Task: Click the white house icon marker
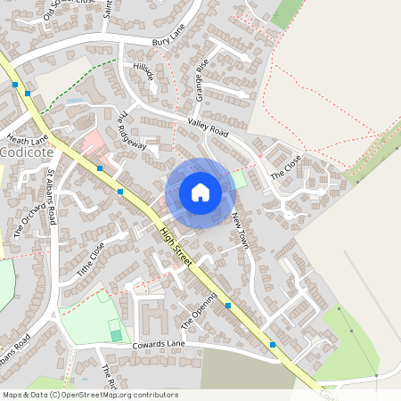[x=200, y=192]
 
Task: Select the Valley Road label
[x=208, y=127]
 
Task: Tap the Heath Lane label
[x=27, y=139]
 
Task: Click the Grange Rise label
[x=201, y=80]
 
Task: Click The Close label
[x=286, y=165]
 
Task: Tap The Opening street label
[x=199, y=309]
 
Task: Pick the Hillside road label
[x=143, y=72]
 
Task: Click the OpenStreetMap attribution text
[x=89, y=395]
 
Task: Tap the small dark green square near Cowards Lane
[x=116, y=334]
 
